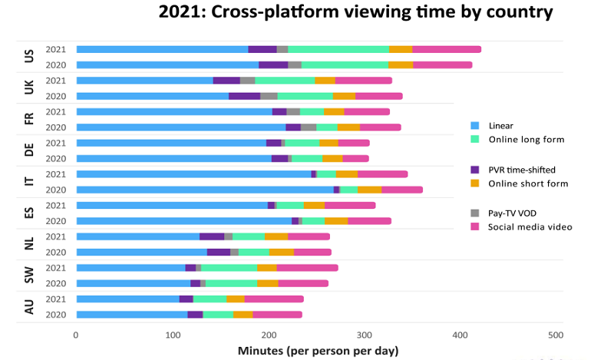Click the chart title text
pos(355,12)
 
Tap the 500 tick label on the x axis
pos(556,335)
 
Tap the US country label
pos(29,57)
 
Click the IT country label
pos(29,182)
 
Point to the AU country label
pos(29,306)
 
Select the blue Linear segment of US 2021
pos(162,49)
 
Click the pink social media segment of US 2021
pos(447,49)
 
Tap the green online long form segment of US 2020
pos(345,64)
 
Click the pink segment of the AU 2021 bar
pos(274,299)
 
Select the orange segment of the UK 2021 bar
pos(325,80)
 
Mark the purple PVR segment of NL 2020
pos(219,252)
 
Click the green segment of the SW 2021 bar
pos(229,267)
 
